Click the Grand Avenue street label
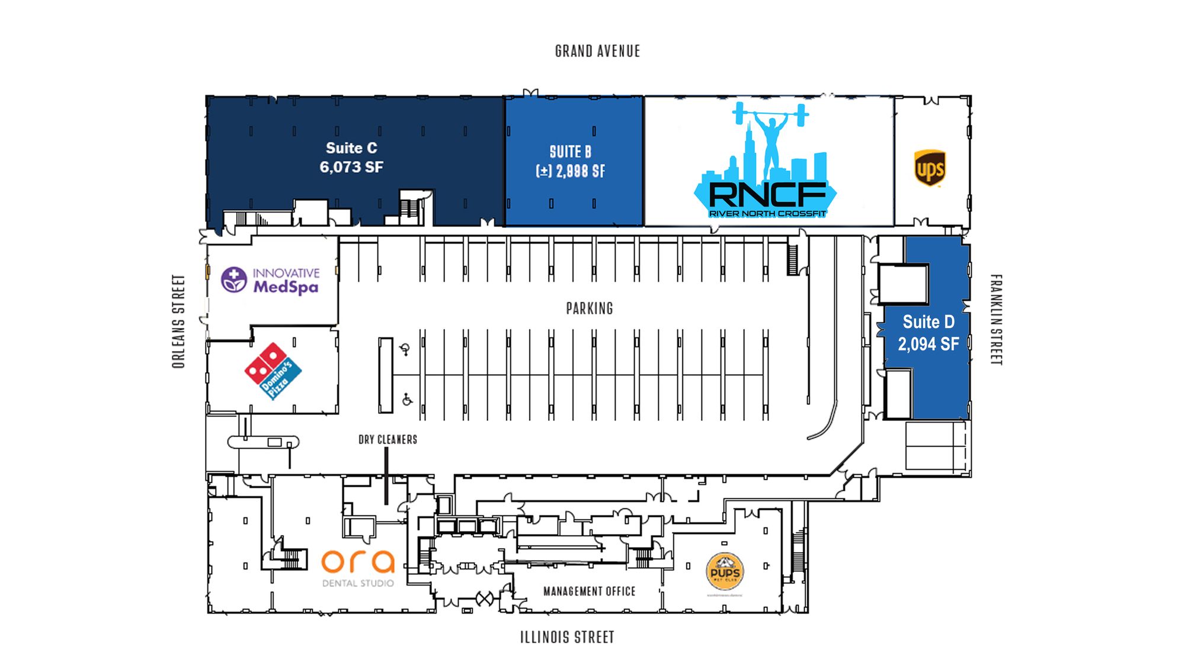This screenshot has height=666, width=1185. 597,52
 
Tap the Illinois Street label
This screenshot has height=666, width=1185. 567,638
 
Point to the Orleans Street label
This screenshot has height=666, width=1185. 178,321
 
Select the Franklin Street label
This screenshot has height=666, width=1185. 997,320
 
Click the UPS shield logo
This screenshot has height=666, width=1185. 930,168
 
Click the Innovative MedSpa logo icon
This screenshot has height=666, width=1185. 234,280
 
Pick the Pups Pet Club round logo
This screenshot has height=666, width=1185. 725,571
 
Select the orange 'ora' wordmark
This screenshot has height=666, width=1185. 358,562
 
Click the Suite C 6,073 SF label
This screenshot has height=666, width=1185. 351,157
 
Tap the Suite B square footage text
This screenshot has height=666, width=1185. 571,172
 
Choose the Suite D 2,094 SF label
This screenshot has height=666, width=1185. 928,333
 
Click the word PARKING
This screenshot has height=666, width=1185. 590,308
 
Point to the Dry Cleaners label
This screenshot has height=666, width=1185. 387,440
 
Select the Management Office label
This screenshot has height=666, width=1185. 589,591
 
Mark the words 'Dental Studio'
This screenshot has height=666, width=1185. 358,584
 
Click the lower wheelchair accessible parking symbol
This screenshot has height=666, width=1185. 407,400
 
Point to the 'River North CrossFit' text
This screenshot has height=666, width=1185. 767,214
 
